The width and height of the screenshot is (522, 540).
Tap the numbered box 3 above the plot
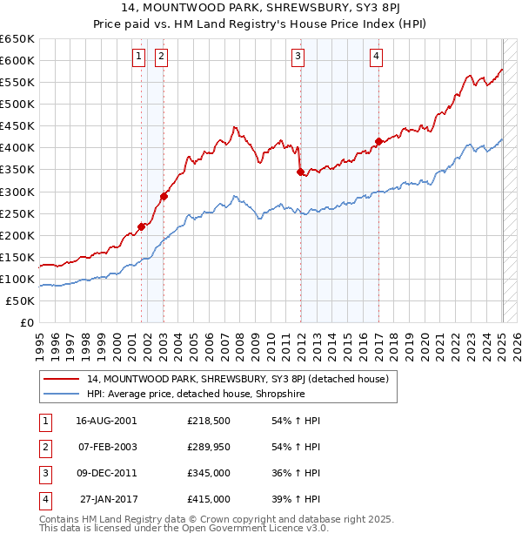tap(298, 57)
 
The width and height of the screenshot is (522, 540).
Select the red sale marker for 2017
tap(378, 141)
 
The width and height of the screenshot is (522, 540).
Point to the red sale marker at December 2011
tap(300, 172)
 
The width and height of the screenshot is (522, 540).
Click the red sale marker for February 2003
tap(164, 196)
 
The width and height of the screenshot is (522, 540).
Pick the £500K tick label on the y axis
tap(17, 104)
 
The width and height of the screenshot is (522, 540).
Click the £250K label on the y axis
tap(17, 213)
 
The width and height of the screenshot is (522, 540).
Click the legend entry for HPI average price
tap(207, 394)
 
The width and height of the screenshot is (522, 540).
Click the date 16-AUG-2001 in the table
tap(106, 421)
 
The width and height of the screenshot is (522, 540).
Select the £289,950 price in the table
tap(208, 447)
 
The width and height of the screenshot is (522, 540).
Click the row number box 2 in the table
tap(44, 447)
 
